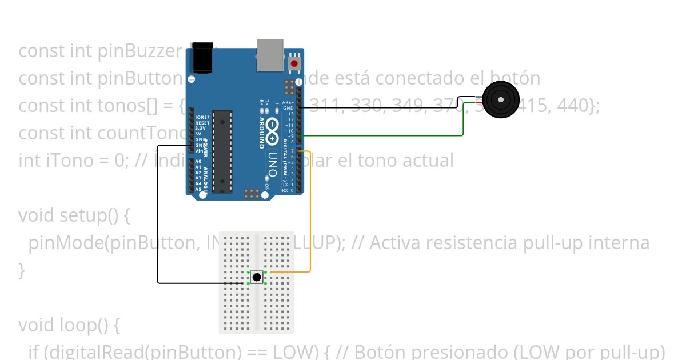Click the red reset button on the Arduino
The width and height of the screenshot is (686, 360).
tap(294, 63)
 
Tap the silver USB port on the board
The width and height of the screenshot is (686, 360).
tap(270, 55)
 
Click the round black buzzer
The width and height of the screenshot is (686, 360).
tap(501, 100)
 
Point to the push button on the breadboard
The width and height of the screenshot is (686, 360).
tap(257, 278)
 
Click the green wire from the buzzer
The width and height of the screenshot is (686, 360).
tap(400, 135)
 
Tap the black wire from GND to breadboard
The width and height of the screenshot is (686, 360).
tap(158, 229)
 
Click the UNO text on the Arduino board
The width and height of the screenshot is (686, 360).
tap(273, 162)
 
